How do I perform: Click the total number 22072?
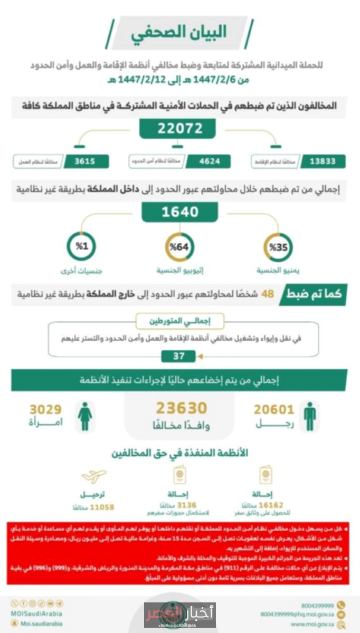(178, 128)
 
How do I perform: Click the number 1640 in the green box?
(180, 212)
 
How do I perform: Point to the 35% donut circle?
(278, 247)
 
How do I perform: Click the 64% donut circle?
(180, 246)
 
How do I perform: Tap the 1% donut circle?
(81, 246)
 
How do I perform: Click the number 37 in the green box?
(179, 356)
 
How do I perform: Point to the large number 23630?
(181, 408)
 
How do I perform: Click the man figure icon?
(310, 416)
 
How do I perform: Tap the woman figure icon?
(85, 416)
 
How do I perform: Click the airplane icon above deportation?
(94, 476)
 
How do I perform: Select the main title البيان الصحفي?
(180, 33)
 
